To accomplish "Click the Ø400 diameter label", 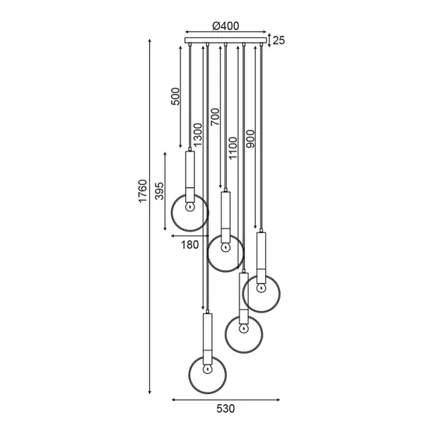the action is point(225,26).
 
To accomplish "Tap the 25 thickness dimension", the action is point(279,40).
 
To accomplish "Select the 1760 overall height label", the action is point(143,190).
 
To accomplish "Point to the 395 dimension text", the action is point(159,191).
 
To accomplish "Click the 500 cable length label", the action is point(175,96).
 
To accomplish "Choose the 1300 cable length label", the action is point(197,134).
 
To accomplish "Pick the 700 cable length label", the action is point(215,117).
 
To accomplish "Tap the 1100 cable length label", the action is point(233,148).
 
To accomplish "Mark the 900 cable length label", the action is point(250,138).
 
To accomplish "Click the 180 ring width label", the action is point(190,245).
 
